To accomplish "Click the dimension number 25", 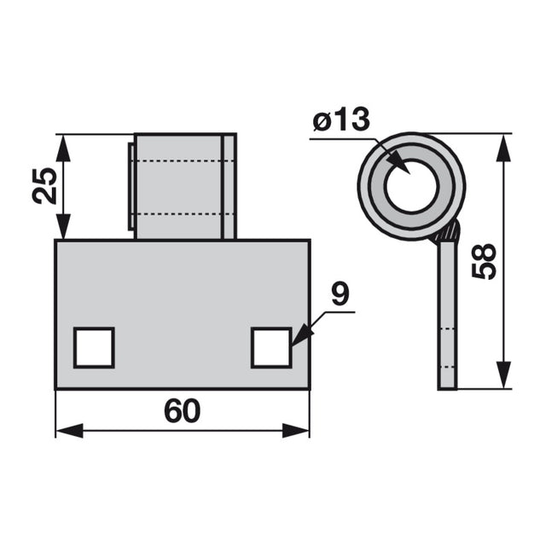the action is (44, 186).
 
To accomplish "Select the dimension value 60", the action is (182, 411).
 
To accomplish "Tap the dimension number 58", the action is (484, 261).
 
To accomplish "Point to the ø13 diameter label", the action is (341, 119).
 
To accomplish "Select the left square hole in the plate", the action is (94, 347).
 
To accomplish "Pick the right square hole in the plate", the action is (271, 347).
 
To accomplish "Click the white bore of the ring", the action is (411, 186).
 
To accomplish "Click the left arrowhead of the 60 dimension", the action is (69, 430).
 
